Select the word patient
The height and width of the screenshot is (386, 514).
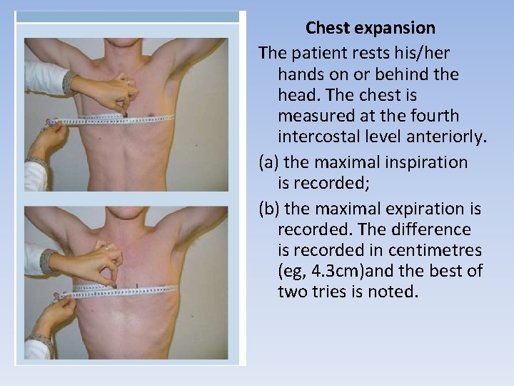point(320,53)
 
